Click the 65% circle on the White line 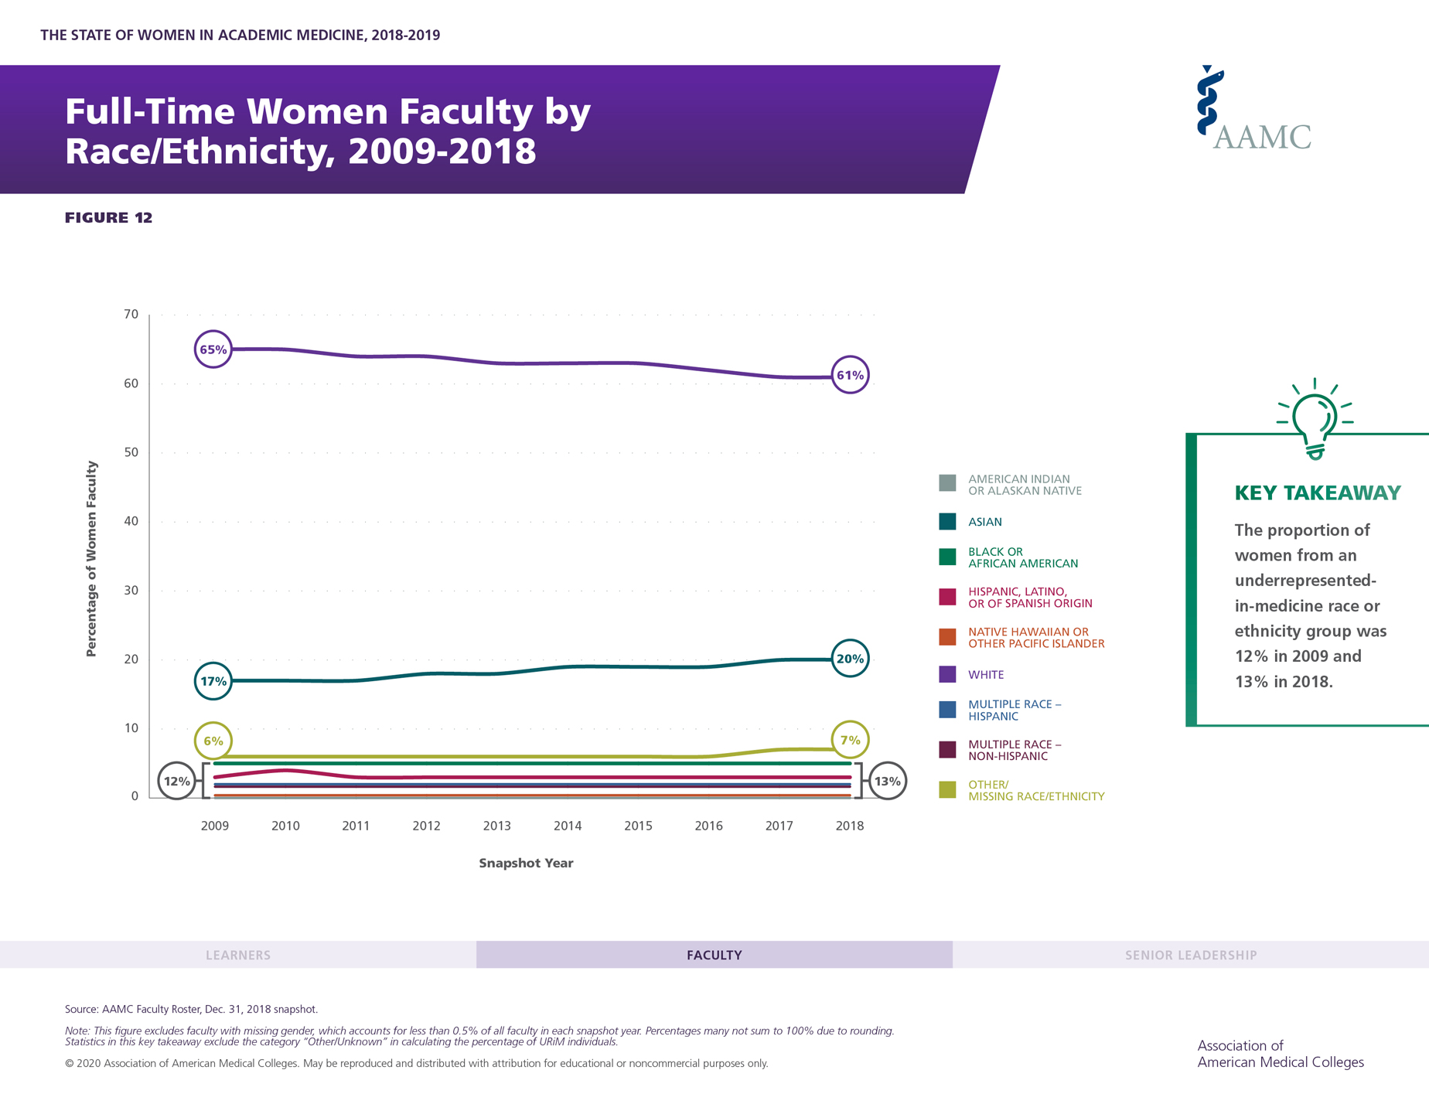(x=213, y=349)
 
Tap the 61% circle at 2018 (x=850, y=376)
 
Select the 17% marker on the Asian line (x=213, y=681)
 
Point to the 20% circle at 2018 (x=850, y=659)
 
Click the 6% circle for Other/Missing (x=213, y=741)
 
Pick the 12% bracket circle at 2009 (x=176, y=781)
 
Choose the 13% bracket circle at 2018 (x=887, y=781)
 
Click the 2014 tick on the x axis (x=568, y=826)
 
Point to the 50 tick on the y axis (x=131, y=452)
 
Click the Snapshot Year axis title (x=526, y=863)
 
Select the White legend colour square (x=947, y=674)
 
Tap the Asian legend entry (x=984, y=522)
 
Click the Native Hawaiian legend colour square (x=947, y=637)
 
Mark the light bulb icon (x=1315, y=420)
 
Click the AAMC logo (x=1253, y=109)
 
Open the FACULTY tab (x=714, y=955)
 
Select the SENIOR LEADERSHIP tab (x=1190, y=955)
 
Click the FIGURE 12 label (x=109, y=218)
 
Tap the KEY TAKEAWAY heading (x=1317, y=493)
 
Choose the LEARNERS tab (x=238, y=955)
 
